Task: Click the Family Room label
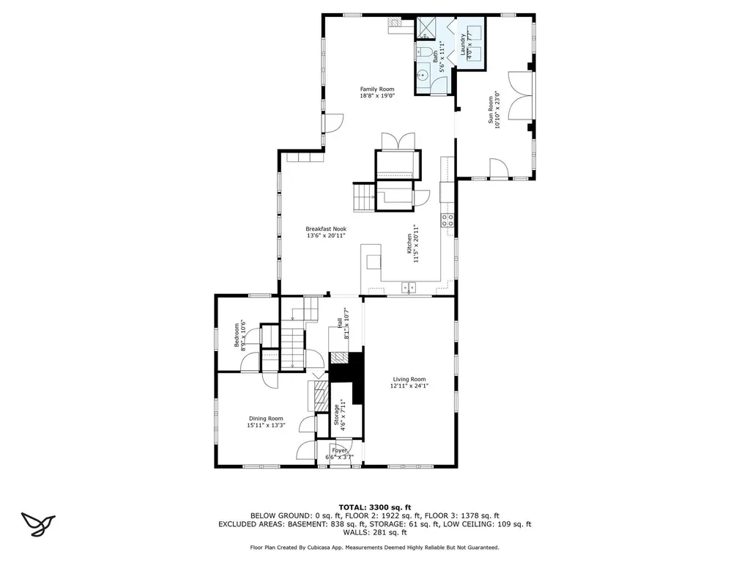tap(377, 89)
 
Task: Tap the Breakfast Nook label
tap(326, 229)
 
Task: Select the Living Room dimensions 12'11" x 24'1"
tap(408, 386)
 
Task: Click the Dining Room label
tap(265, 418)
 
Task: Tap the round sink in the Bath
tap(422, 75)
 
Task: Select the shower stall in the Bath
tap(425, 29)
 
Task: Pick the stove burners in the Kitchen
tap(448, 218)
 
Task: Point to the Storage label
tap(337, 415)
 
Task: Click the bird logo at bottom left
tap(38, 522)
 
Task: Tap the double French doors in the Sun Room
tap(521, 91)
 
